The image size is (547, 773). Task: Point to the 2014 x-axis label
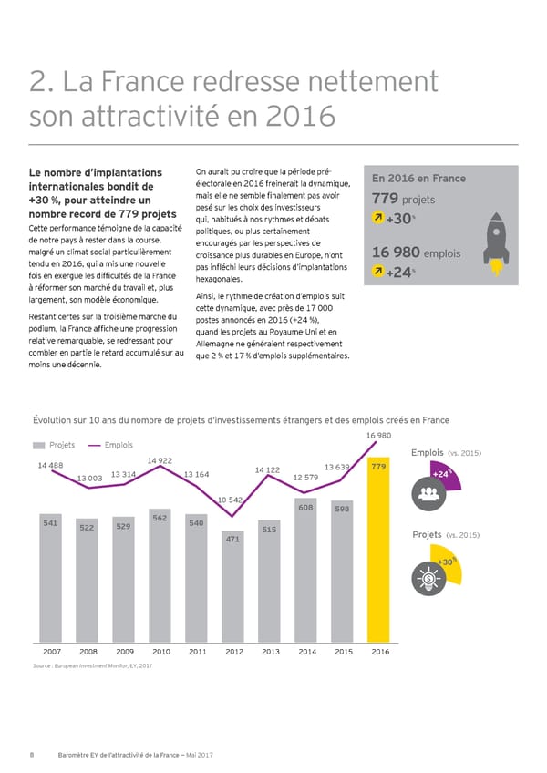click(307, 652)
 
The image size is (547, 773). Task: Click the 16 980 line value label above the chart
click(378, 436)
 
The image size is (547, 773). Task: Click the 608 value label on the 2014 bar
click(306, 506)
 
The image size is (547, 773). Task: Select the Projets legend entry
click(57, 445)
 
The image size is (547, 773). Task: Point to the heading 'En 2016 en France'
click(418, 179)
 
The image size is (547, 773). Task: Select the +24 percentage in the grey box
click(399, 273)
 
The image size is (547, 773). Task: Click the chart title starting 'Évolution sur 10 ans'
click(241, 419)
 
